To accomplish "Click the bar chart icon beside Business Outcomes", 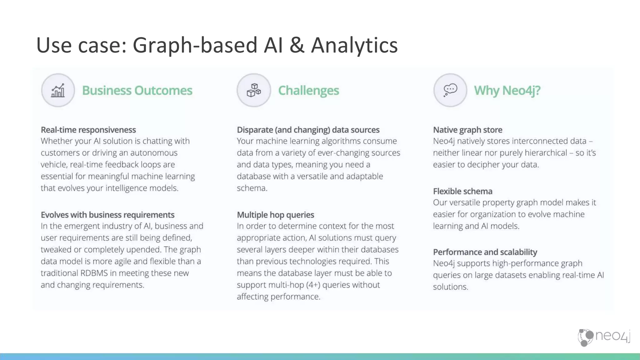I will [58, 91].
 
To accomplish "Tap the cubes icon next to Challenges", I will [254, 90].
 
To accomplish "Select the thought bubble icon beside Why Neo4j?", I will [450, 90].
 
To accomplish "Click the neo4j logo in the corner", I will [604, 337].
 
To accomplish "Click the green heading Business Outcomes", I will [137, 91].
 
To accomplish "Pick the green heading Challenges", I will [308, 91].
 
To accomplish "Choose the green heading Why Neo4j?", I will [507, 91].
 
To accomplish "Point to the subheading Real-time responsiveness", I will [88, 130].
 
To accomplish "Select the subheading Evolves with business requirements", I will [107, 215].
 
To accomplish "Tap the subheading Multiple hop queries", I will [275, 215].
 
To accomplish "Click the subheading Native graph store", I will [467, 130].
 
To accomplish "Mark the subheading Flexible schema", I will [462, 191].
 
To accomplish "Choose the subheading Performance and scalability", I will [485, 252].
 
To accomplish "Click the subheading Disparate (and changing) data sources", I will [308, 130].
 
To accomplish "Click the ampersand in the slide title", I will [297, 45].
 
